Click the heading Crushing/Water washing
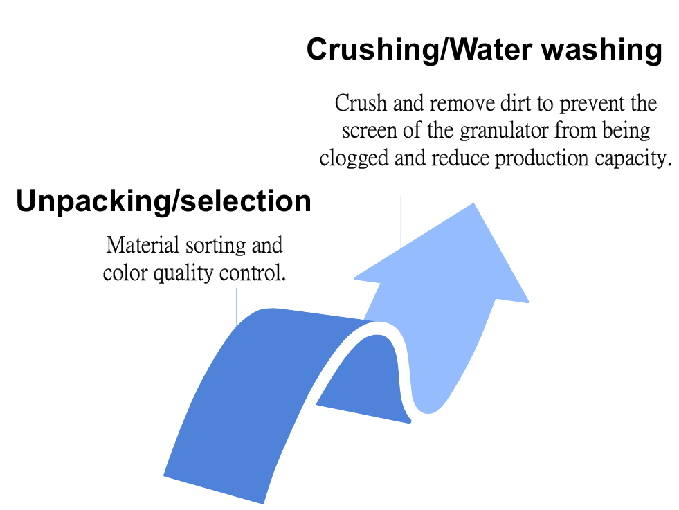484,50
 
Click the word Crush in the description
361,104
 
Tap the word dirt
516,104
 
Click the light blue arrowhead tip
473,204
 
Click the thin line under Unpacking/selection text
237,307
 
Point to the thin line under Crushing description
401,221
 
